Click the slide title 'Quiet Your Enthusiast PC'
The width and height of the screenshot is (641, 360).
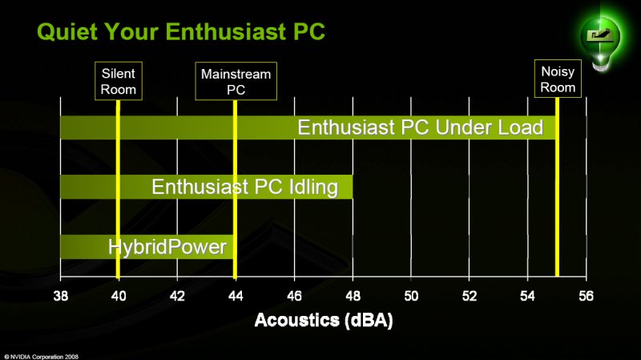click(181, 31)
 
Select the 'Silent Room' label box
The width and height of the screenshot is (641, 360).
click(119, 81)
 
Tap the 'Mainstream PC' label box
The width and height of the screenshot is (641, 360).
click(236, 81)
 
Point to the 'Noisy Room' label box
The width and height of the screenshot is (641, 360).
click(558, 79)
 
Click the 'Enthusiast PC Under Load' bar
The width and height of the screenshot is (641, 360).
click(308, 127)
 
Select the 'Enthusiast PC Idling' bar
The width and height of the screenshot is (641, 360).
click(207, 187)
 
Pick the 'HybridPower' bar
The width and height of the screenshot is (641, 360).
click(147, 247)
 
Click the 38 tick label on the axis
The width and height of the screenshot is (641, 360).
click(61, 295)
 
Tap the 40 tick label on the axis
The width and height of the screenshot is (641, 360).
click(119, 295)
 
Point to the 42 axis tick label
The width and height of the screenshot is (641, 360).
click(177, 295)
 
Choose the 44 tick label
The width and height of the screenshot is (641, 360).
click(236, 295)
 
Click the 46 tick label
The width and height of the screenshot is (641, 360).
click(294, 295)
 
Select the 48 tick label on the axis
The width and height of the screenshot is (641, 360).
click(353, 295)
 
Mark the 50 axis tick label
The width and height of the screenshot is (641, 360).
click(411, 295)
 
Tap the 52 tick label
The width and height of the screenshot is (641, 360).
click(470, 295)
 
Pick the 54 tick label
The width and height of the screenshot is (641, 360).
click(528, 295)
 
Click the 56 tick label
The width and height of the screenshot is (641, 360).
click(587, 295)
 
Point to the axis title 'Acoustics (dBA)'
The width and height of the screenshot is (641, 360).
click(324, 321)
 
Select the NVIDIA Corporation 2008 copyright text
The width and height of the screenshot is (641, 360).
click(42, 357)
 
